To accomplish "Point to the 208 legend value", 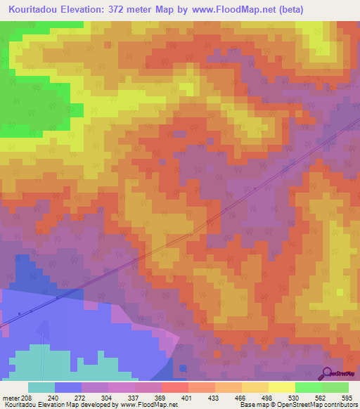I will click(27, 398).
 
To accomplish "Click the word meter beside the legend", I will click(11, 398).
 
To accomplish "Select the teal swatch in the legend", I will click(41, 388).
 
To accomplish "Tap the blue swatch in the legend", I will click(68, 388).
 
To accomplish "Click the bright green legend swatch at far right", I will click(335, 388).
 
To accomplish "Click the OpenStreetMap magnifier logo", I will click(328, 373).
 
